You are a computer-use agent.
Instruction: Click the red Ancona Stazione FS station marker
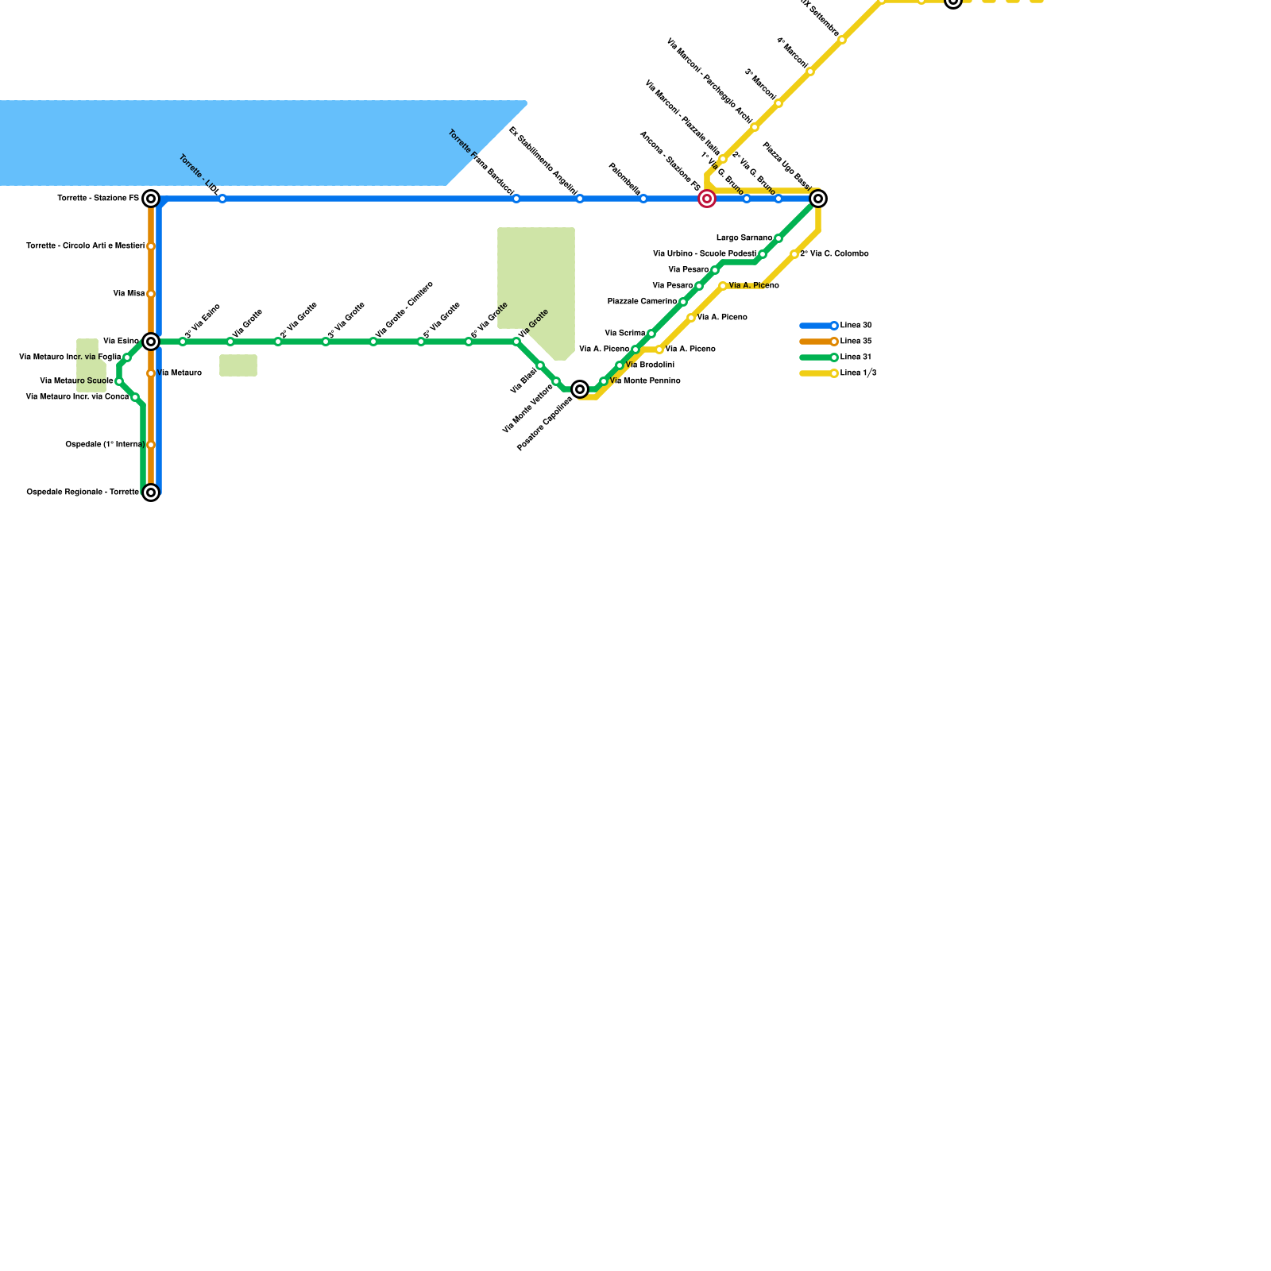point(707,199)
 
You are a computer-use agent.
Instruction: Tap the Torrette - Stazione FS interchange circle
point(151,199)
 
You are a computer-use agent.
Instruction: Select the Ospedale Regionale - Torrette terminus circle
point(151,493)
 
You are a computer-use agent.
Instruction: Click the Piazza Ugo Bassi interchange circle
point(818,199)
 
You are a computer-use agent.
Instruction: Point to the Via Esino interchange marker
point(151,342)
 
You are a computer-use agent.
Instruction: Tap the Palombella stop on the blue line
point(643,199)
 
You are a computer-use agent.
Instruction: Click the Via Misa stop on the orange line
point(151,294)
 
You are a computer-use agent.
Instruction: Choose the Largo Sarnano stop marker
point(778,238)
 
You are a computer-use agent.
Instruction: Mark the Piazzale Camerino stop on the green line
point(683,302)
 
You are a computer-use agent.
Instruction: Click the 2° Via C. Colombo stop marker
point(794,254)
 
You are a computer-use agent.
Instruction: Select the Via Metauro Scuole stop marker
point(119,381)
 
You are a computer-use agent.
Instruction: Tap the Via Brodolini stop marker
point(620,365)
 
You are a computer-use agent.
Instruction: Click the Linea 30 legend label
point(856,326)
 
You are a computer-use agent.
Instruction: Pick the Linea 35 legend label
point(856,342)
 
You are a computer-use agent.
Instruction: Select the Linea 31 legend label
point(856,357)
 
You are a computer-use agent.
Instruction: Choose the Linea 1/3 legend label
point(859,373)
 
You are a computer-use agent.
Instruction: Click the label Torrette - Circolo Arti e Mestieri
point(85,246)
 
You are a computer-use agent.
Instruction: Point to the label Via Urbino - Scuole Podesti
point(705,254)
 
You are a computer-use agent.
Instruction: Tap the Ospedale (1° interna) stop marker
point(151,445)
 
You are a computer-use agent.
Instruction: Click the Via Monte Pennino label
point(645,381)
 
